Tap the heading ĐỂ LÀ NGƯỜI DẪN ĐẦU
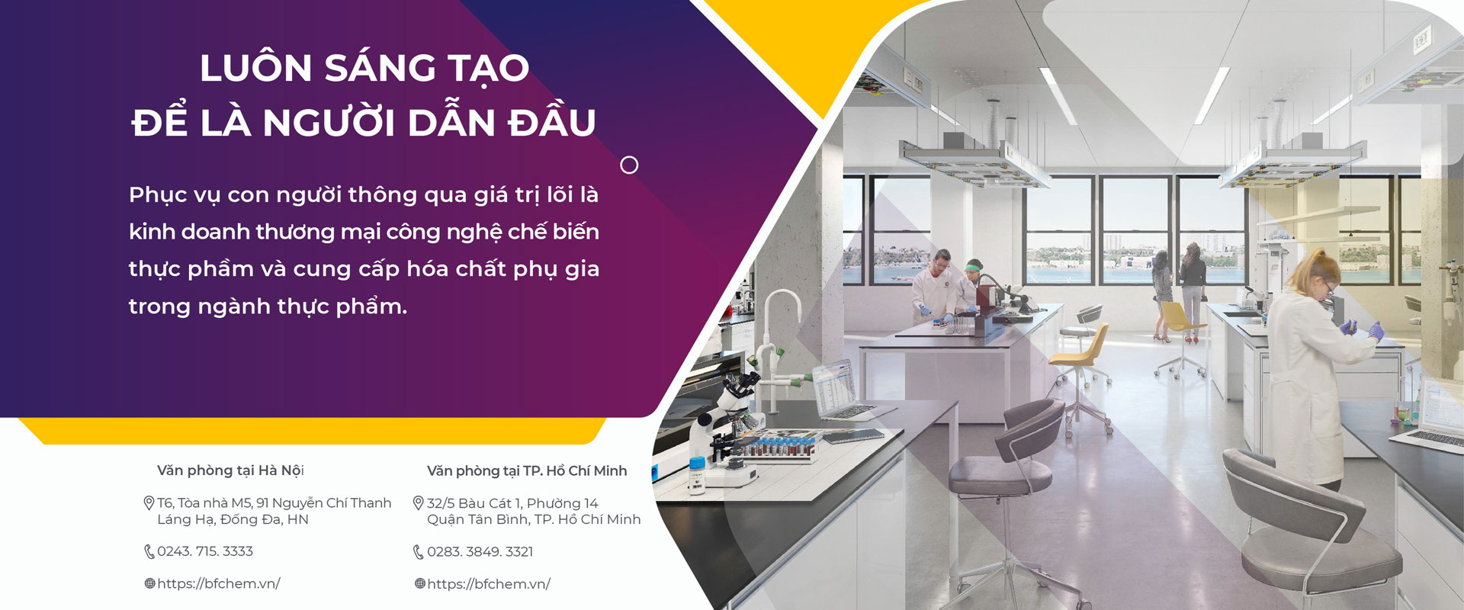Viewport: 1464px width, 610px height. [x=364, y=121]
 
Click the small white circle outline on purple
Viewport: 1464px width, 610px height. [x=629, y=165]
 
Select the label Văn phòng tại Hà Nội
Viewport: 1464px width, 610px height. [x=230, y=470]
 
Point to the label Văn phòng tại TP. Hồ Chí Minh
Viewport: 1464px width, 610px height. [x=527, y=471]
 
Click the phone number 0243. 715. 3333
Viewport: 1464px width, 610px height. [x=205, y=551]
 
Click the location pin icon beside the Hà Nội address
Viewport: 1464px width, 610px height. [x=149, y=503]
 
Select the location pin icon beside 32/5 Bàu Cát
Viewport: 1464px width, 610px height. [x=418, y=503]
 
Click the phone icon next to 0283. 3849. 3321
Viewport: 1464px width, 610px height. [x=418, y=552]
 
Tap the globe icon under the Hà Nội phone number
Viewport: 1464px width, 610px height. [x=149, y=583]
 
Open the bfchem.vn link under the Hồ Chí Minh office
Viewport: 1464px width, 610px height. [x=489, y=584]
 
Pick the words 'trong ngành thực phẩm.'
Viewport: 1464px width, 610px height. [x=268, y=307]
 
